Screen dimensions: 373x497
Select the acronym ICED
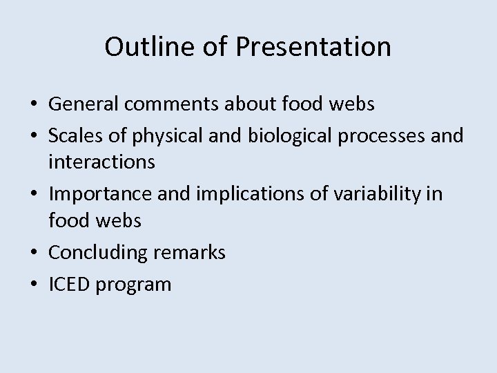coord(70,284)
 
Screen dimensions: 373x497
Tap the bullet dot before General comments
coord(34,105)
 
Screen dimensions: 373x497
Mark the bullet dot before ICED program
coord(34,285)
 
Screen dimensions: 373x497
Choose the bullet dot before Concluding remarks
coord(34,254)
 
